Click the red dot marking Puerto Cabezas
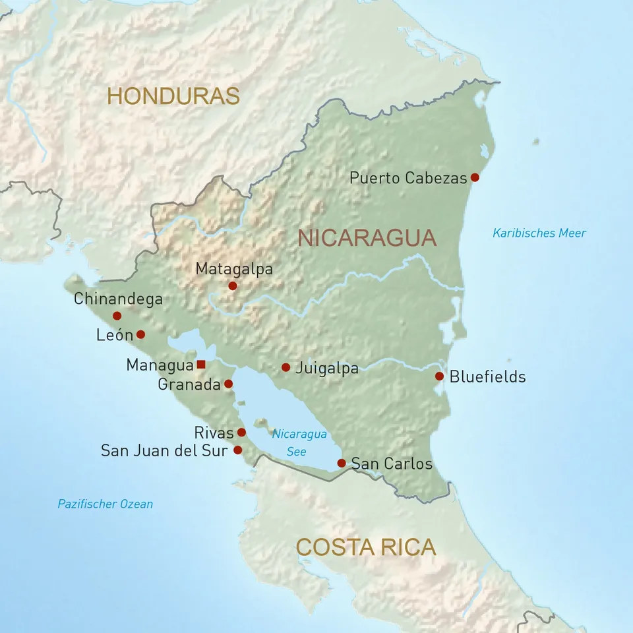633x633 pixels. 475,177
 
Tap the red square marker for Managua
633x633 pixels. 201,365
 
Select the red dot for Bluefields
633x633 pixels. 439,377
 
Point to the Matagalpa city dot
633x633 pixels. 232,286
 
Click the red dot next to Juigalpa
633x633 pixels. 286,367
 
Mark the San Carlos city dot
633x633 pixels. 342,463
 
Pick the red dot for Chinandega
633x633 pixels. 117,316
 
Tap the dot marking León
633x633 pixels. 140,334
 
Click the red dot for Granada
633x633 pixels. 228,384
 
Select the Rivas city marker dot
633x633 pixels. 241,433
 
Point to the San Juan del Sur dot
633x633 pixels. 238,450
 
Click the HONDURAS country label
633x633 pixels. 173,96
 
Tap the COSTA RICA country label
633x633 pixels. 366,547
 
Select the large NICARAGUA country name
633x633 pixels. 367,237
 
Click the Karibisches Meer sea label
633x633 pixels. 539,233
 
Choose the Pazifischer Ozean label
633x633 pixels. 105,504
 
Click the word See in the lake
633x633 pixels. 297,452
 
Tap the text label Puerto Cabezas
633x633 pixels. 407,178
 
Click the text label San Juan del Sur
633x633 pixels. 164,451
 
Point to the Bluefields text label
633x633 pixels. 487,377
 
